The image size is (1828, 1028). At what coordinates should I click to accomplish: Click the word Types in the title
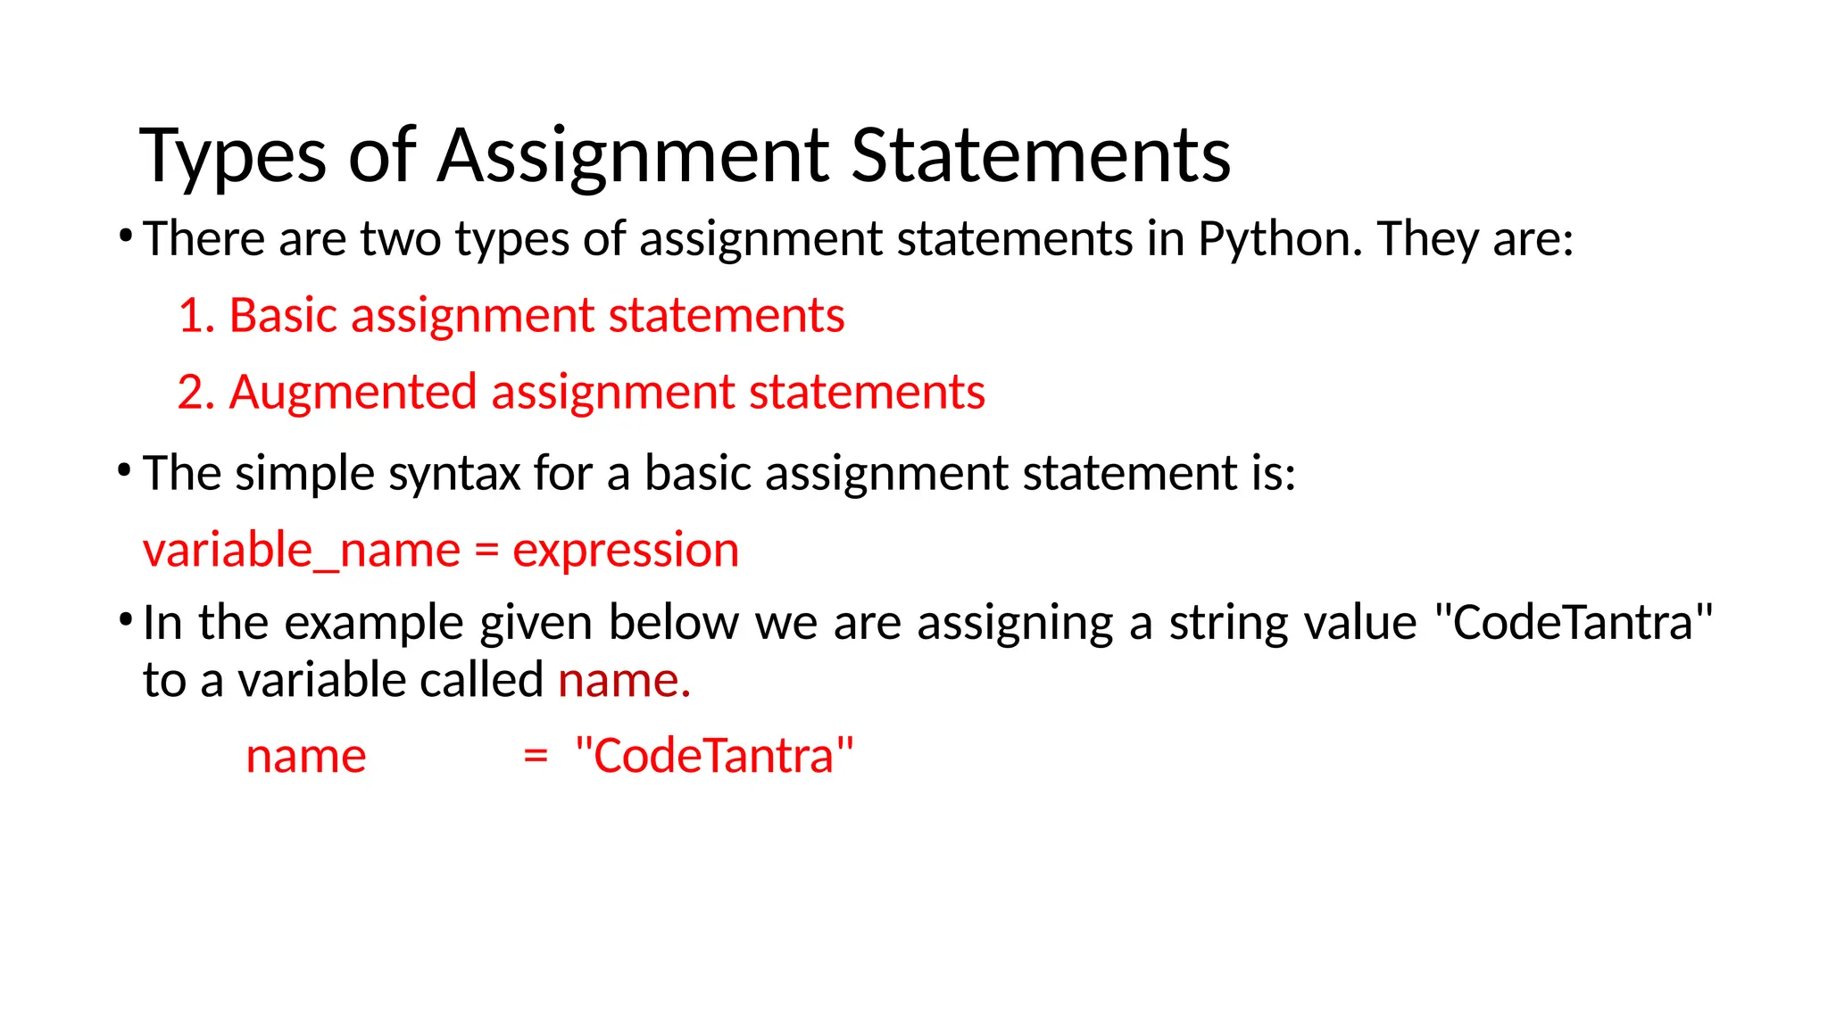click(233, 157)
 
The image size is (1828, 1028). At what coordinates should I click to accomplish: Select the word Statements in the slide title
click(1041, 155)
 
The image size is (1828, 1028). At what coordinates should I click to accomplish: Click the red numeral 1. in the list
click(196, 316)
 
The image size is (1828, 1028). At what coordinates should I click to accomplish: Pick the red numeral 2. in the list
click(196, 393)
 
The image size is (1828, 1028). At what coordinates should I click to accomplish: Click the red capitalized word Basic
click(284, 316)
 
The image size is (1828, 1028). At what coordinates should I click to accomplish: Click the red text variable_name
click(301, 551)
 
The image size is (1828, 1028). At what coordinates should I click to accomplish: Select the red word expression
click(626, 551)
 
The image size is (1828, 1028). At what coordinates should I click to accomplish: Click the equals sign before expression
click(486, 551)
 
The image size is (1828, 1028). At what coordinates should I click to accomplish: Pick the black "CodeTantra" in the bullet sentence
click(1574, 623)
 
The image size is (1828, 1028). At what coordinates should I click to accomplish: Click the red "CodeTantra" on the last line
click(714, 757)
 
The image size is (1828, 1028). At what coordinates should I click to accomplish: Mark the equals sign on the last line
click(536, 757)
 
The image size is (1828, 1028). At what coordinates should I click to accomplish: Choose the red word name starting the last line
click(306, 757)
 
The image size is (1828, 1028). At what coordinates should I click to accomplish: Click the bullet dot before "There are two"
click(125, 236)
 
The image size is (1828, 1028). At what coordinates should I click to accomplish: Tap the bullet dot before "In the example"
click(125, 619)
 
